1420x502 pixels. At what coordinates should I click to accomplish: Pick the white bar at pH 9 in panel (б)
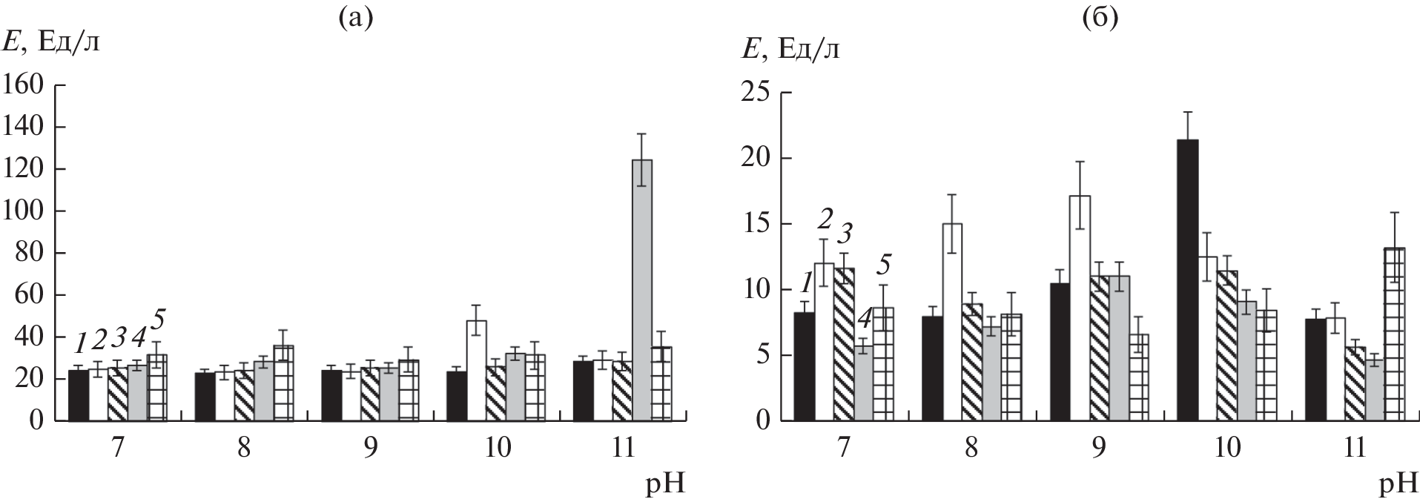pos(1080,308)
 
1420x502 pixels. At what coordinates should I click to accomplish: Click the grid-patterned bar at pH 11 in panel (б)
pos(1395,334)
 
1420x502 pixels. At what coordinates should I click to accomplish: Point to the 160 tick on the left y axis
pos(25,86)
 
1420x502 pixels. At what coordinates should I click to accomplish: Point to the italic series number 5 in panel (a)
pos(158,321)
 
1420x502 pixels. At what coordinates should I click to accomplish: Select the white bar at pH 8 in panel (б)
pos(951,323)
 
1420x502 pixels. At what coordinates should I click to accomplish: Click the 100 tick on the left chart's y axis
pos(25,212)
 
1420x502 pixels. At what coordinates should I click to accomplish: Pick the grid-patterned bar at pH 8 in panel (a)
pos(283,383)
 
